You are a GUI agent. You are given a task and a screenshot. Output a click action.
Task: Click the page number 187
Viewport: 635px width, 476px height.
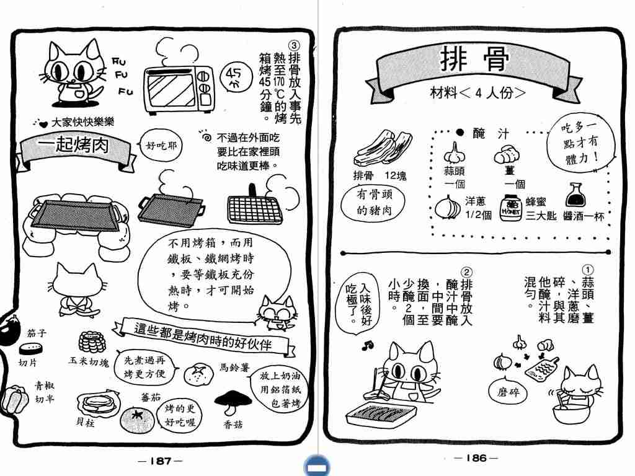(x=161, y=461)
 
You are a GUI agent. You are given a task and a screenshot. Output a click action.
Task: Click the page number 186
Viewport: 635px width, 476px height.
(x=476, y=458)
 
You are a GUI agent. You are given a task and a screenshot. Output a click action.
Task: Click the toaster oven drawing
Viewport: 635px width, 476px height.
(x=179, y=90)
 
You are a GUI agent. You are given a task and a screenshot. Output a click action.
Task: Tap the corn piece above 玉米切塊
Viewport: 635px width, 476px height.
(x=92, y=342)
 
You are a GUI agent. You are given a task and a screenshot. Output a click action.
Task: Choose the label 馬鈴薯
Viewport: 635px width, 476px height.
(x=234, y=368)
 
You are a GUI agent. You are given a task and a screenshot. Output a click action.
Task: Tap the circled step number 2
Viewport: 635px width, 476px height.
(x=466, y=273)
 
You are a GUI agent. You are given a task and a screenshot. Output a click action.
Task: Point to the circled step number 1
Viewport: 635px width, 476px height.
(x=588, y=270)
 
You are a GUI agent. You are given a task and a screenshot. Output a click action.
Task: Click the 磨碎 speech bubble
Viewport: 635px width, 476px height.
(x=508, y=392)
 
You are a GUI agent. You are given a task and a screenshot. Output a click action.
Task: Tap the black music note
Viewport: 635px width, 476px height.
(x=368, y=345)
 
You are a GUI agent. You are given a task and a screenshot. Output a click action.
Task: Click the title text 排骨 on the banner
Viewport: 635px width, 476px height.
(x=474, y=59)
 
